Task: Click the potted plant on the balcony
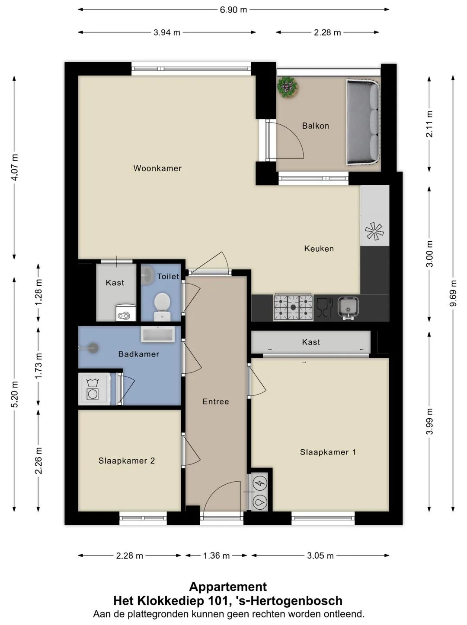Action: [x=287, y=87]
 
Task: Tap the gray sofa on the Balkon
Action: [x=363, y=123]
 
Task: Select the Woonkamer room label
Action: [x=157, y=168]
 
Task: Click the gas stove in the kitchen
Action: [x=293, y=307]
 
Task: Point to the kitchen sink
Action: [x=348, y=308]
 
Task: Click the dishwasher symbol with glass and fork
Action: [x=325, y=307]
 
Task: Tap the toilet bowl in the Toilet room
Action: [x=162, y=306]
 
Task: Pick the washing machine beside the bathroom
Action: [x=94, y=389]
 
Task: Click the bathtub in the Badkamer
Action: [x=157, y=334]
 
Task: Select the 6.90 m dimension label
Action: [x=233, y=9]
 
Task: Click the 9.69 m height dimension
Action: [x=453, y=293]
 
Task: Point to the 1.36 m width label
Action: [x=216, y=556]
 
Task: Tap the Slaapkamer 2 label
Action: [x=127, y=461]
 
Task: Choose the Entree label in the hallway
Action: [x=216, y=401]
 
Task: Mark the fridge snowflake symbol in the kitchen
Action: [x=374, y=231]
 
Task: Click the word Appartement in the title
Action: [x=228, y=587]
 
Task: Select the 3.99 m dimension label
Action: [x=430, y=421]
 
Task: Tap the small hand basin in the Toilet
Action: [x=147, y=275]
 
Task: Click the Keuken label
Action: [x=319, y=249]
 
